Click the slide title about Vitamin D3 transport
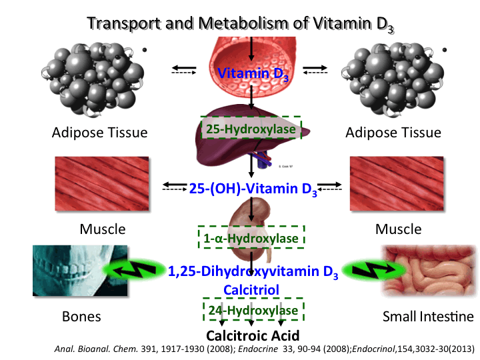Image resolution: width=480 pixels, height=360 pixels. [240, 24]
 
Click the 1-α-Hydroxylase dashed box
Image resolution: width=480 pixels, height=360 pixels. [251, 237]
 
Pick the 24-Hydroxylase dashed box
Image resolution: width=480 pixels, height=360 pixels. [251, 311]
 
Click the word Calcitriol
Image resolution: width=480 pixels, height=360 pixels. [251, 290]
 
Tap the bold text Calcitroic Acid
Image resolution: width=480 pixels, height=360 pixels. [253, 335]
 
